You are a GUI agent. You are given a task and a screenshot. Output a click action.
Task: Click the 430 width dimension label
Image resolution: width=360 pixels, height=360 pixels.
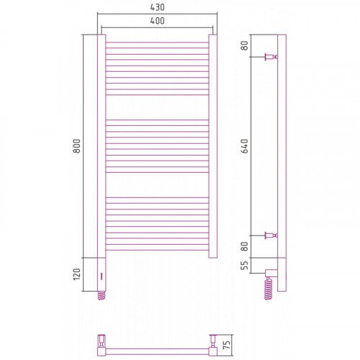(x=157, y=7)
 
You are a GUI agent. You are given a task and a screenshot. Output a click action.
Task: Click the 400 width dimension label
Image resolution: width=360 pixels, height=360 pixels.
(x=157, y=21)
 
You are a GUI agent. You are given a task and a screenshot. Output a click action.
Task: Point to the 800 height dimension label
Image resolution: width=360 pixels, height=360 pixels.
(x=77, y=146)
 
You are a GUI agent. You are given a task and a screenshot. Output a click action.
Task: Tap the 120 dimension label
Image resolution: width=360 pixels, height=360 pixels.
(x=77, y=274)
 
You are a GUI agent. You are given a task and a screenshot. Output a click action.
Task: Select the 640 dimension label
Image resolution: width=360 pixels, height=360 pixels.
(x=245, y=146)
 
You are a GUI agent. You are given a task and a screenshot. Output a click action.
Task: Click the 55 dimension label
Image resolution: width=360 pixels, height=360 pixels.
(x=245, y=265)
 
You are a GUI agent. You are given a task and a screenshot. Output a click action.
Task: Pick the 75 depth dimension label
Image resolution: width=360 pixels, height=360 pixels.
(x=227, y=345)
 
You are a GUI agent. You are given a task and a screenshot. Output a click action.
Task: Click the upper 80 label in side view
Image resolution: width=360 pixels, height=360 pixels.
(x=245, y=45)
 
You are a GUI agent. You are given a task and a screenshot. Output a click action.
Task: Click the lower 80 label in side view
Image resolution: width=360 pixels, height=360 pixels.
(x=245, y=246)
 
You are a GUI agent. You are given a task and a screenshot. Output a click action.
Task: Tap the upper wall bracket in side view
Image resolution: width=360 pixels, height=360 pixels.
(x=271, y=57)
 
